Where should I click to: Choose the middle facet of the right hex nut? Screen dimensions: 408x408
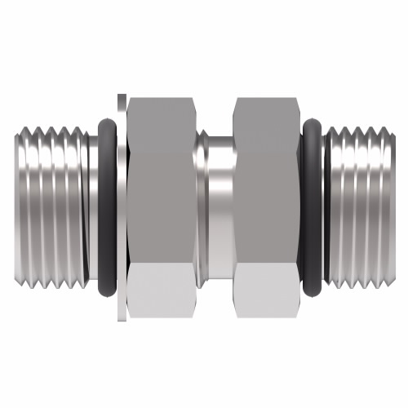pos(266,204)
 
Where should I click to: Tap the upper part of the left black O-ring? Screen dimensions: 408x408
pos(107,128)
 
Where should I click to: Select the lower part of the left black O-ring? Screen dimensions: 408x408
pos(107,282)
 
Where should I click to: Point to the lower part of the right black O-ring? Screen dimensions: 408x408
pos(313,282)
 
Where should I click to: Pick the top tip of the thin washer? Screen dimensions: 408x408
pos(122,99)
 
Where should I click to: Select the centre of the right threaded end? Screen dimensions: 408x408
pos(359,204)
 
